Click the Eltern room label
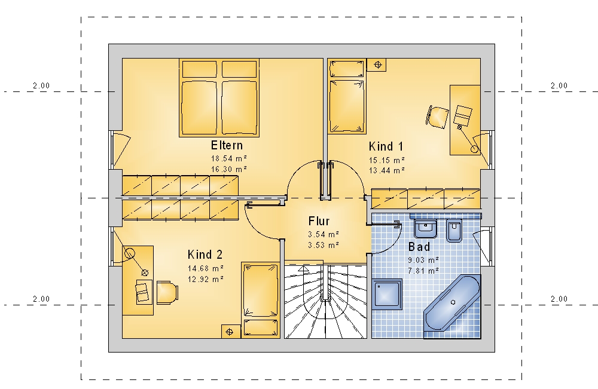click(227, 145)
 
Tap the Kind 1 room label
click(386, 146)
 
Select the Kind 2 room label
click(205, 255)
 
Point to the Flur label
click(319, 221)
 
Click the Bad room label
click(419, 247)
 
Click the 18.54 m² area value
click(229, 158)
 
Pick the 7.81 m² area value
click(423, 271)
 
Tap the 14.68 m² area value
click(206, 269)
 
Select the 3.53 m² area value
click(324, 245)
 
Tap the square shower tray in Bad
click(387, 294)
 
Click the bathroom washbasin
click(425, 228)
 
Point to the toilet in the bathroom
click(454, 230)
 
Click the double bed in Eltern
click(219, 97)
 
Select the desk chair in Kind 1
click(437, 117)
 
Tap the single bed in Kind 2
click(261, 300)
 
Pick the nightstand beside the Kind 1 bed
click(376, 65)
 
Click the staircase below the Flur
click(326, 300)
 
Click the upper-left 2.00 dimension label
click(41, 85)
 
